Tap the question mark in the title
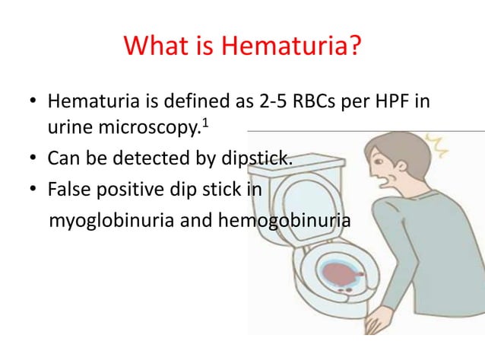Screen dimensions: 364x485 coord(353,49)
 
